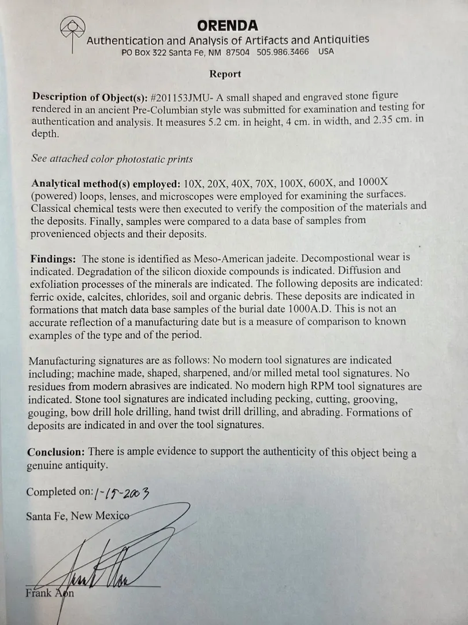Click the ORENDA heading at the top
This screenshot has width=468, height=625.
pos(228,26)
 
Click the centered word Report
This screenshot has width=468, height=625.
pos(225,74)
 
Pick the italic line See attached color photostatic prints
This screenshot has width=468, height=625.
pos(112,159)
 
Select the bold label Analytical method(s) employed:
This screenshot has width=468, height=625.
pos(106,185)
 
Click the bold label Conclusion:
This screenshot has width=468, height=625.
pos(56,452)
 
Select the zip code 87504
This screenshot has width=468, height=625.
pos(236,52)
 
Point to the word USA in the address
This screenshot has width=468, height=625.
pos(326,52)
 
